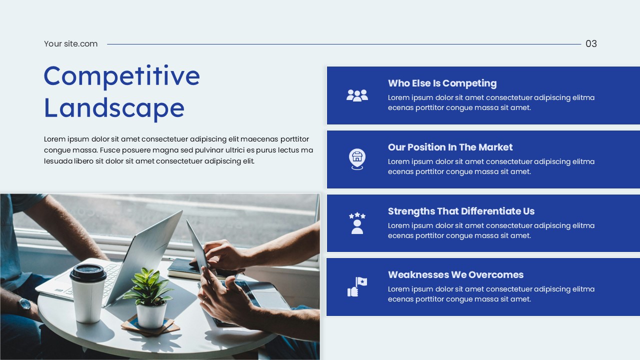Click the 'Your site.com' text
point(70,44)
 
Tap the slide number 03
point(591,44)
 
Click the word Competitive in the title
point(121,76)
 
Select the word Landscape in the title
point(114,108)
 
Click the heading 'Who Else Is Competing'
point(442,83)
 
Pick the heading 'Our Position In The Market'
point(450,147)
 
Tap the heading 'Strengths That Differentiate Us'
point(461,211)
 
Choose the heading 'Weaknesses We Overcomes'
point(455,275)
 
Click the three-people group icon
point(357,95)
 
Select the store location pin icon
point(357,159)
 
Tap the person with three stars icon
point(357,223)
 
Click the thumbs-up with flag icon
point(357,287)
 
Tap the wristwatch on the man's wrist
point(24,304)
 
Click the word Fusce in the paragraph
point(111,150)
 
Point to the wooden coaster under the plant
point(150,327)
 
